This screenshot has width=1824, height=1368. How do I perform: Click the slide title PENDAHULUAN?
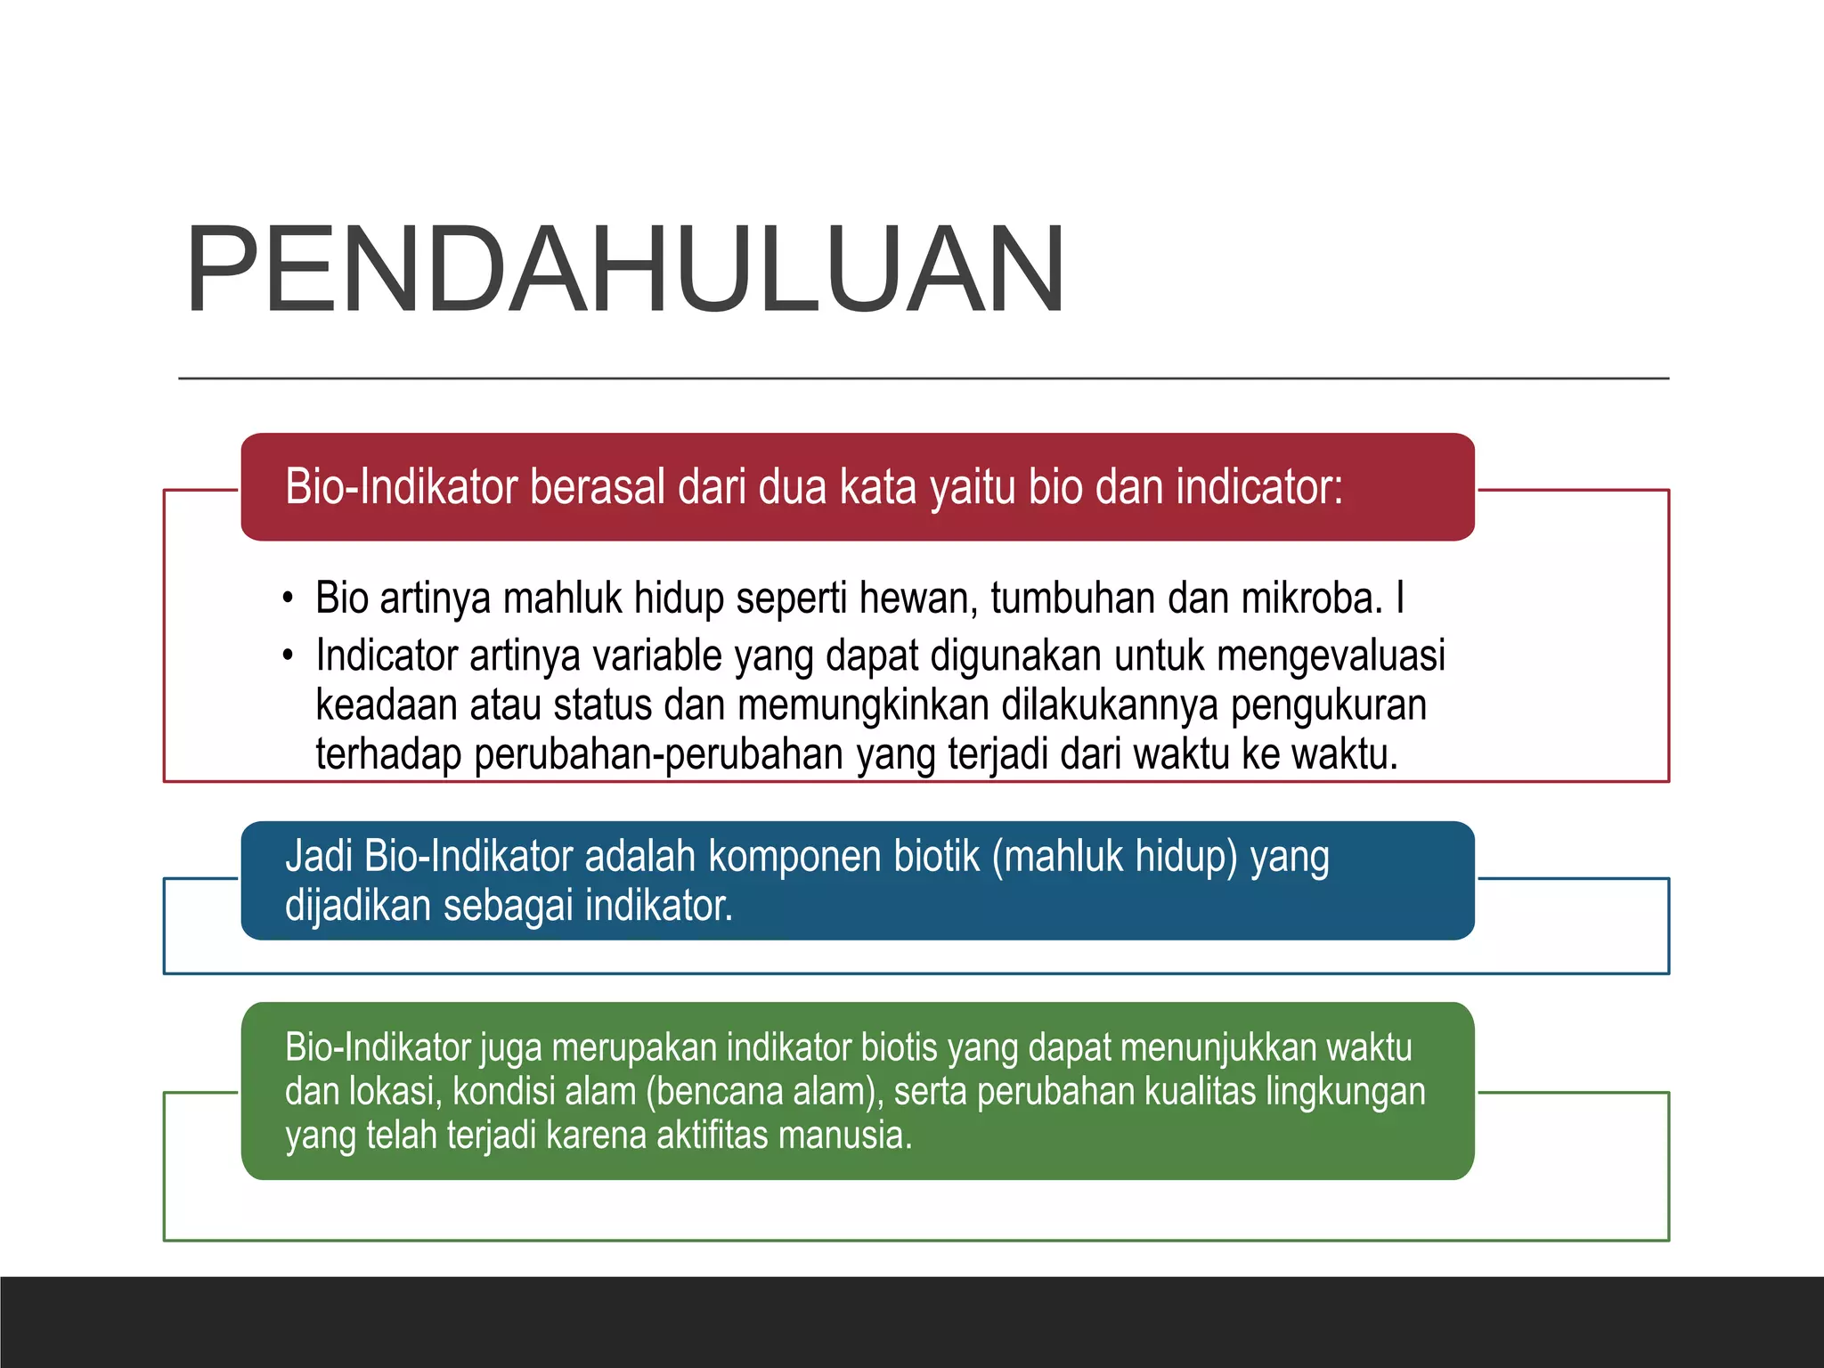pos(625,270)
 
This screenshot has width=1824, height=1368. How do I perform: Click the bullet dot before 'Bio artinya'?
pos(287,598)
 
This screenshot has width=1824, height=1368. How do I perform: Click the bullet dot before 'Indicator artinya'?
pos(287,657)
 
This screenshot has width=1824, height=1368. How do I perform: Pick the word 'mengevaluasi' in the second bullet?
pos(1331,656)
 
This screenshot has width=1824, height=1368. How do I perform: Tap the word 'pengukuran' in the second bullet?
pos(1329,705)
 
